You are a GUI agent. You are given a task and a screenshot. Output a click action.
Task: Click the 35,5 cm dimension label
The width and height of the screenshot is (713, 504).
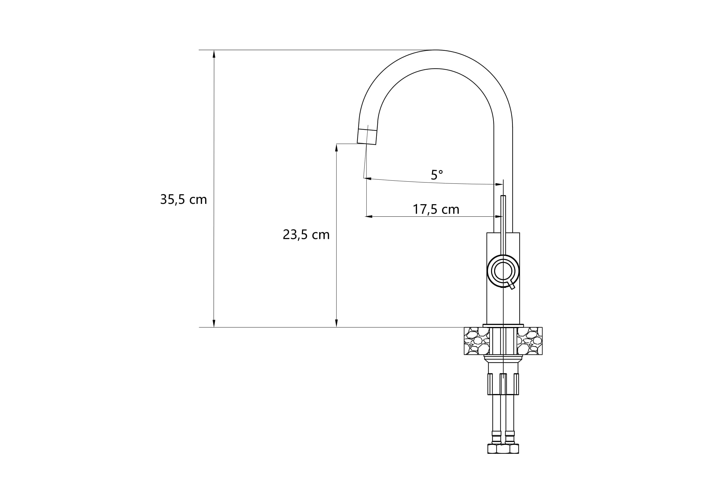184,200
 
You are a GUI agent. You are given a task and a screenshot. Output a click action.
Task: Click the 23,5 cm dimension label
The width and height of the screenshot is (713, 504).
306,235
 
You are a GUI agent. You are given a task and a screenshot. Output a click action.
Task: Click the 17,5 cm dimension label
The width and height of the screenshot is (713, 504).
436,210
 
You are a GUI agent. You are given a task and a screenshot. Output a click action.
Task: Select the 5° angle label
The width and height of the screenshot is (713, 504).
437,175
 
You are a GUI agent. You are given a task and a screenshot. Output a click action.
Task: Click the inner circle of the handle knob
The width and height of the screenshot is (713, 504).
503,271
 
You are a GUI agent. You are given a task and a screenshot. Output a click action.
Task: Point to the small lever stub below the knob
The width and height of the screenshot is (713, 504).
511,286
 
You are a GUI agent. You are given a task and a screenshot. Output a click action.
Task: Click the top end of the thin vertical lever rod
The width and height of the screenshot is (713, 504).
503,197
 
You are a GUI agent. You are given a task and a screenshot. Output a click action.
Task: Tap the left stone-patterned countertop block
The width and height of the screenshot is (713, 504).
476,341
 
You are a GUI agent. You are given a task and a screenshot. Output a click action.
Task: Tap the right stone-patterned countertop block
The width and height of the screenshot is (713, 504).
530,341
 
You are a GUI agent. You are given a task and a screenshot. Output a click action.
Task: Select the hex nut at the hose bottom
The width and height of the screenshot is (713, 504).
503,449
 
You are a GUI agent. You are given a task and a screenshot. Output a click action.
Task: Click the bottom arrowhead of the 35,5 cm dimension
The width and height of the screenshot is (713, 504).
214,323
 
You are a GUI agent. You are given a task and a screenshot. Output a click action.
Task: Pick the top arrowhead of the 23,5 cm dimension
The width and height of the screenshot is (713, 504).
336,148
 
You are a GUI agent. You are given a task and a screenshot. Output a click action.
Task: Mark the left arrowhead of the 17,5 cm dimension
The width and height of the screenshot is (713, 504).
369,216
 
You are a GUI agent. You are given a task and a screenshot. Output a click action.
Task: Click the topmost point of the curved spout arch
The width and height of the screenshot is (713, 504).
436,50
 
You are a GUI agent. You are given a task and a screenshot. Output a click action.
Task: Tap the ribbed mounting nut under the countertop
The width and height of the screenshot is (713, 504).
503,384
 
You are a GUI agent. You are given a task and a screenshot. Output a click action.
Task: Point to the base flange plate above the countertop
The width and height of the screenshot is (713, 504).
503,325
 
